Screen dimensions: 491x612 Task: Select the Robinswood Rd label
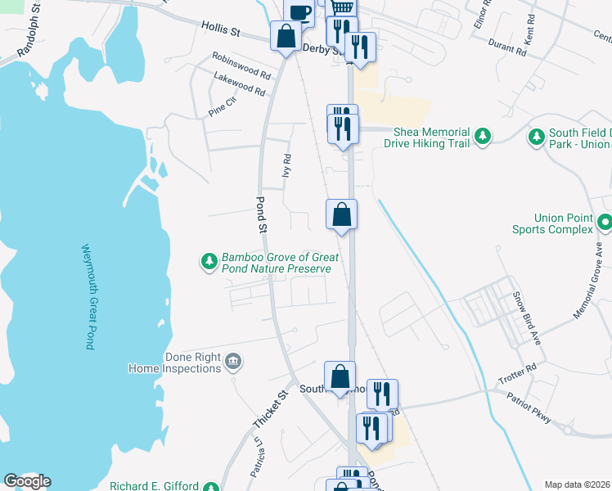241,65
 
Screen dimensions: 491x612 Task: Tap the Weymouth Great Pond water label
88,296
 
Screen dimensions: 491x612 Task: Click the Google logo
26,481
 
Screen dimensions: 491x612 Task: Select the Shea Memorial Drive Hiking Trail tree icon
483,136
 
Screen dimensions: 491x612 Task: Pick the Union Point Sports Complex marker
604,222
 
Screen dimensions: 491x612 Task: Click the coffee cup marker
299,11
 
